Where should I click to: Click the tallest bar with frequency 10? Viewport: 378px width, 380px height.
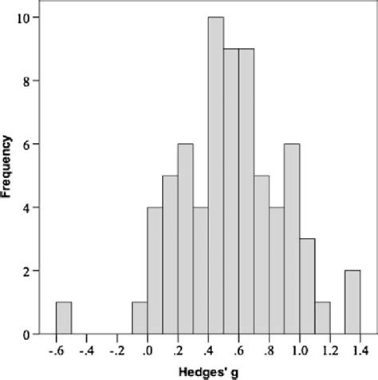click(x=215, y=175)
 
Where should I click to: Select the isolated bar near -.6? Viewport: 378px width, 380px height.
click(x=64, y=319)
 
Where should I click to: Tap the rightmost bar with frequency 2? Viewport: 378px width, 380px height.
click(x=352, y=303)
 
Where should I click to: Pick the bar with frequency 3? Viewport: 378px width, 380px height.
click(x=307, y=287)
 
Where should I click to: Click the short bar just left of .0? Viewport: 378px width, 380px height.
click(x=140, y=319)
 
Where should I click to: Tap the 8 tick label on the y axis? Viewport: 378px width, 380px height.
click(x=28, y=81)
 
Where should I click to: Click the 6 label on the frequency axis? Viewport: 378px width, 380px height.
click(x=28, y=144)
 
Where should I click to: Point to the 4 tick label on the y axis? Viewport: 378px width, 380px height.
click(x=28, y=208)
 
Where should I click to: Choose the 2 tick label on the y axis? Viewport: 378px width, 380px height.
click(x=28, y=271)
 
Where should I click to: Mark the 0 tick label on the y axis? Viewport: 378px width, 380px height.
click(x=28, y=334)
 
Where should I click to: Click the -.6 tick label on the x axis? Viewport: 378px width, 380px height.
click(x=56, y=350)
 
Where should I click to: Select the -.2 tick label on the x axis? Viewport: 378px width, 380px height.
click(x=116, y=350)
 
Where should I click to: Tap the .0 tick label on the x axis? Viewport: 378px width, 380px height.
click(x=148, y=350)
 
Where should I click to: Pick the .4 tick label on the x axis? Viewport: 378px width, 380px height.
click(x=208, y=350)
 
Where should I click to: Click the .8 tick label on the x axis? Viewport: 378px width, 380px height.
click(x=269, y=350)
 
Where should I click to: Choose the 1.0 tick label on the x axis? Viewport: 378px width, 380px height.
click(x=299, y=350)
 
